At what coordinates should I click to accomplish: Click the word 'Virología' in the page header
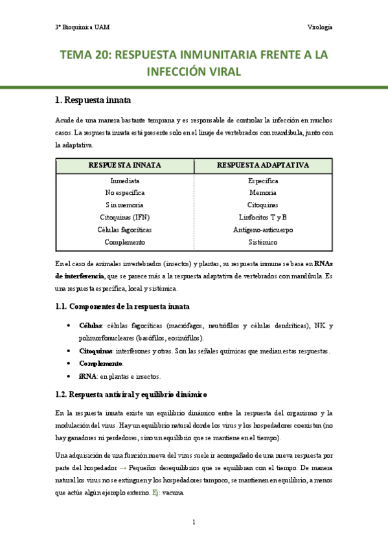[320, 27]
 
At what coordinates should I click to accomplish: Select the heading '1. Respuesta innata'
[93, 100]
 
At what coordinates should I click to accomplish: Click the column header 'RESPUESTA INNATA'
[125, 165]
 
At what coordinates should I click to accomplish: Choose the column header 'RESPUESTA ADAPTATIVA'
[263, 165]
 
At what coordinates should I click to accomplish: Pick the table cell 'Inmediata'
[125, 181]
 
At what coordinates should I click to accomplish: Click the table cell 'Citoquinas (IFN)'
[125, 217]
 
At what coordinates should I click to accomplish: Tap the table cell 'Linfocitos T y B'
[263, 217]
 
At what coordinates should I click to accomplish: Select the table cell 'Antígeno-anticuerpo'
[263, 229]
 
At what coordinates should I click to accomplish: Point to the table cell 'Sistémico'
[263, 241]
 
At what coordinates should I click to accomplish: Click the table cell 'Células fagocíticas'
[125, 229]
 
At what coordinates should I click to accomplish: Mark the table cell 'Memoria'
[263, 193]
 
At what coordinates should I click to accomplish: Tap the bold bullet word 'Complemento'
[100, 363]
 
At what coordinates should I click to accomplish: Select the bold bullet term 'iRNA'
[87, 375]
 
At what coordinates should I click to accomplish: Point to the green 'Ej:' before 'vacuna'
[157, 492]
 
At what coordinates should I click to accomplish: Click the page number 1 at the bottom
[194, 522]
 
